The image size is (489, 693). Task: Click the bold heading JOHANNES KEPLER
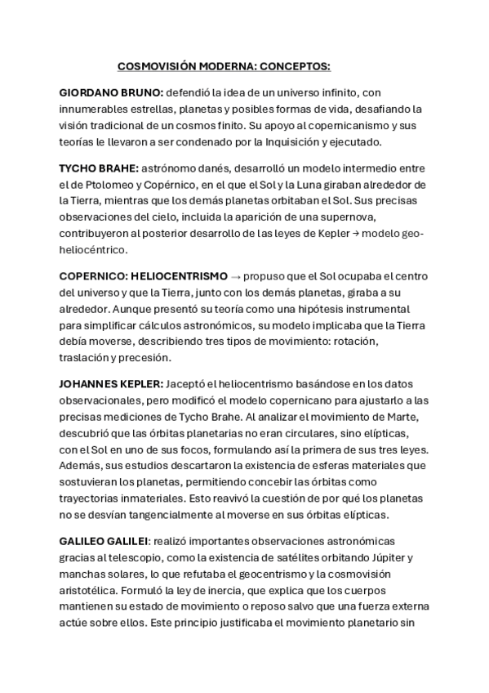point(111,383)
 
